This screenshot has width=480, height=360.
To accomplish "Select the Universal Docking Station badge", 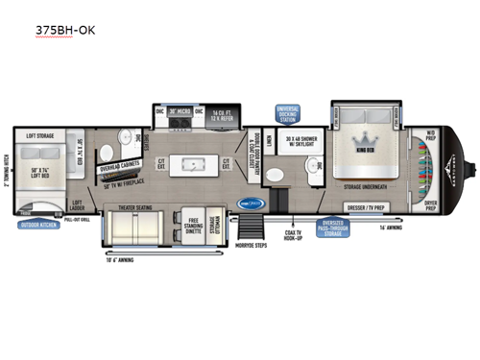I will click(288, 113).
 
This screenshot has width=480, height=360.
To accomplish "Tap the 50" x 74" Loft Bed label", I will click(37, 172).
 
